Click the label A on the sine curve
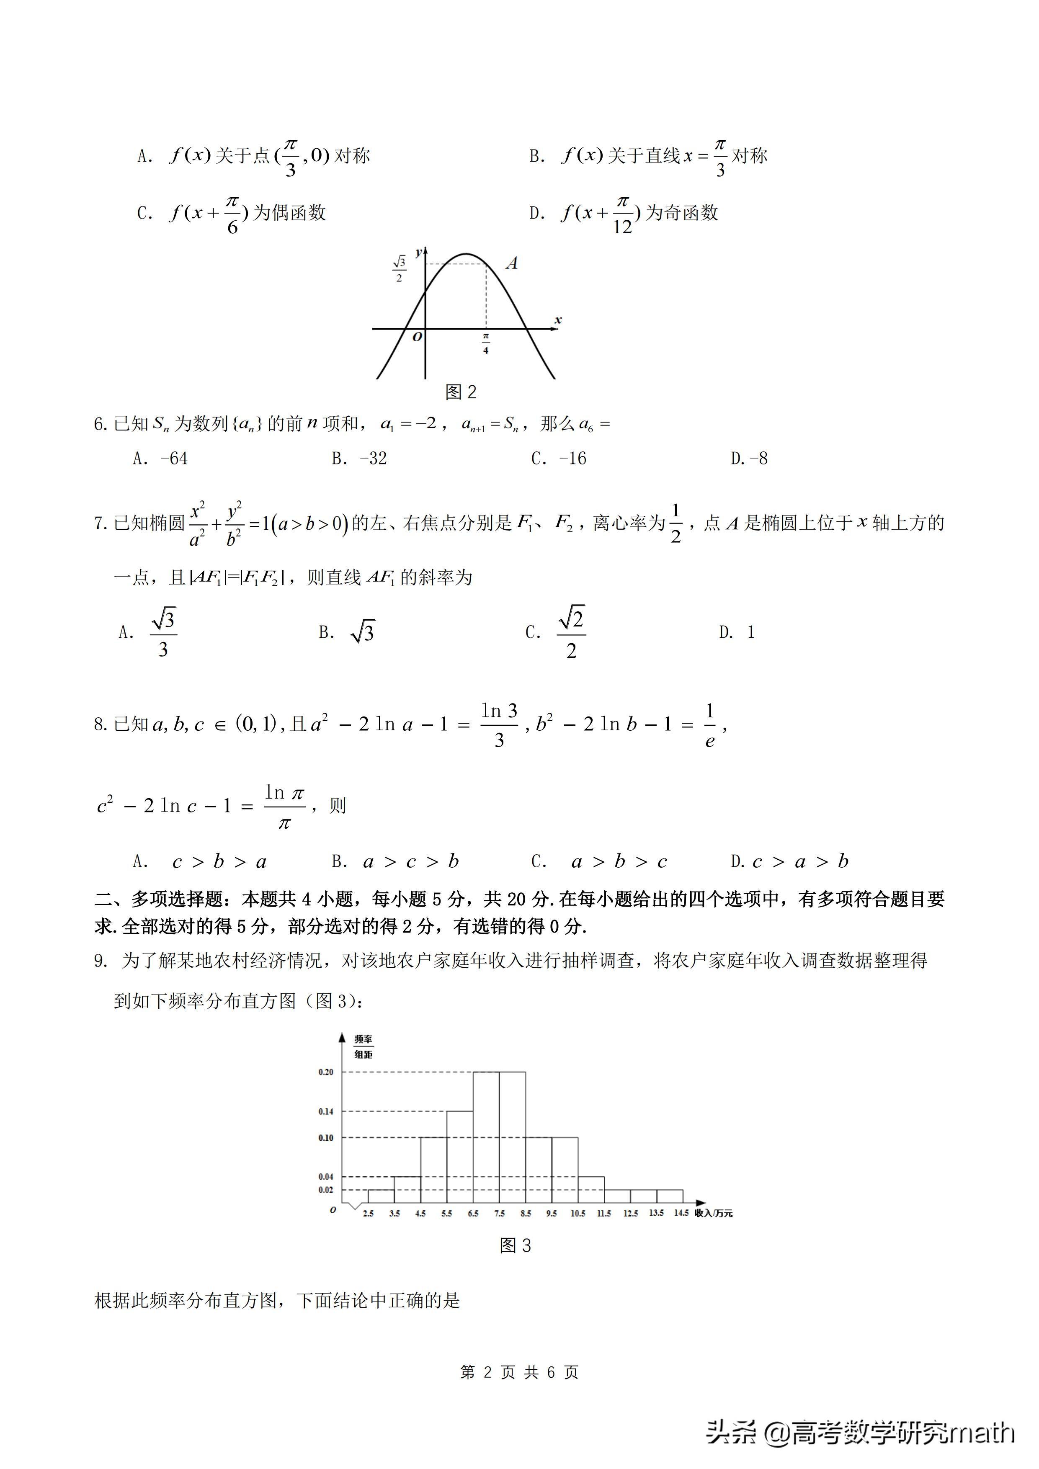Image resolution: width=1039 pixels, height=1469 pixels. click(x=512, y=263)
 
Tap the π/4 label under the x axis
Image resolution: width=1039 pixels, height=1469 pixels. click(x=486, y=343)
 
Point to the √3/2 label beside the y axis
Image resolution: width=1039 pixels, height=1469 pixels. click(x=399, y=269)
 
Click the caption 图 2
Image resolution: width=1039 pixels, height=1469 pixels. click(x=461, y=392)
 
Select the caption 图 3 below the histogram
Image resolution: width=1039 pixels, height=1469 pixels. click(x=515, y=1245)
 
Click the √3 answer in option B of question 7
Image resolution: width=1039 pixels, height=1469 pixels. click(x=362, y=632)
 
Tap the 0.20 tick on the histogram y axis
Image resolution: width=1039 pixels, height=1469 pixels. click(x=326, y=1072)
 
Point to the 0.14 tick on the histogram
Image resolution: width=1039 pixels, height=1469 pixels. click(x=326, y=1111)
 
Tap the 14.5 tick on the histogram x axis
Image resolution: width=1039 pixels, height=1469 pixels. click(x=681, y=1212)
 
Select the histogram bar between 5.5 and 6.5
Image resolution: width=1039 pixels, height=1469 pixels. click(x=459, y=1158)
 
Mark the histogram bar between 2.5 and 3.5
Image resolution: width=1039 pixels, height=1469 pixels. click(x=382, y=1196)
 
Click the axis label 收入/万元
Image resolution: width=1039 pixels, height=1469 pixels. click(x=713, y=1213)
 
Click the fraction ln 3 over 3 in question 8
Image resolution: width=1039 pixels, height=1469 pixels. click(x=499, y=725)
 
